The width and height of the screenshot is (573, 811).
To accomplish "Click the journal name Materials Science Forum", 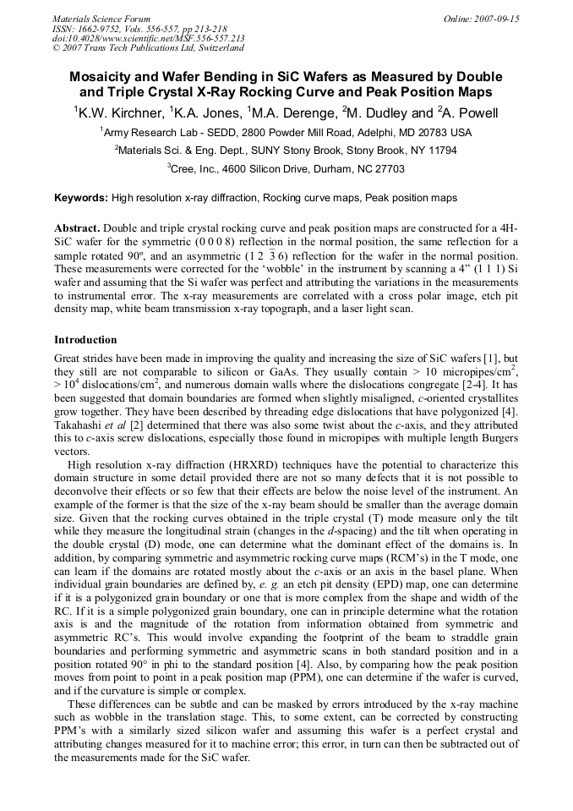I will tap(101, 18).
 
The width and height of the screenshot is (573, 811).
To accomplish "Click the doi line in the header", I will tap(148, 38).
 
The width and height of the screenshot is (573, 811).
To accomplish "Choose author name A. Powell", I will tap(471, 112).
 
